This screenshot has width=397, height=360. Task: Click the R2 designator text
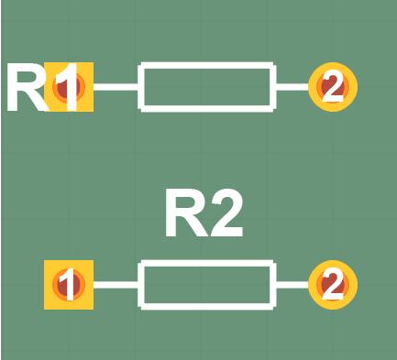203,215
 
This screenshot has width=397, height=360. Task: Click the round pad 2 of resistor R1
332,87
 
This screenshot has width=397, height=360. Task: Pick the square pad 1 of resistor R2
69,285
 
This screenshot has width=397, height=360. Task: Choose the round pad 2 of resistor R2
332,284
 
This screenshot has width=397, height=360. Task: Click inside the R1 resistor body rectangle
206,87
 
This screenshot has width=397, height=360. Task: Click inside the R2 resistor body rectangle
206,285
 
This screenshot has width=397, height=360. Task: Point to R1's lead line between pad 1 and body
116,88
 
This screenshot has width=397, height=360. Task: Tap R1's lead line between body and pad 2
292,88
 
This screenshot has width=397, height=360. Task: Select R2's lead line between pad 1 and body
116,285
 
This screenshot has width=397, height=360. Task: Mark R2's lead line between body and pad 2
292,285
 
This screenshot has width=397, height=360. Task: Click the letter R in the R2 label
184,215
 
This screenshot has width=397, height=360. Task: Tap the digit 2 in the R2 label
225,215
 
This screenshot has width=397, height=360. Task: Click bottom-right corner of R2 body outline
272,305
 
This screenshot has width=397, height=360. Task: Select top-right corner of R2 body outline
272,264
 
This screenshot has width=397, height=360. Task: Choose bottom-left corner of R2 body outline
141,305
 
